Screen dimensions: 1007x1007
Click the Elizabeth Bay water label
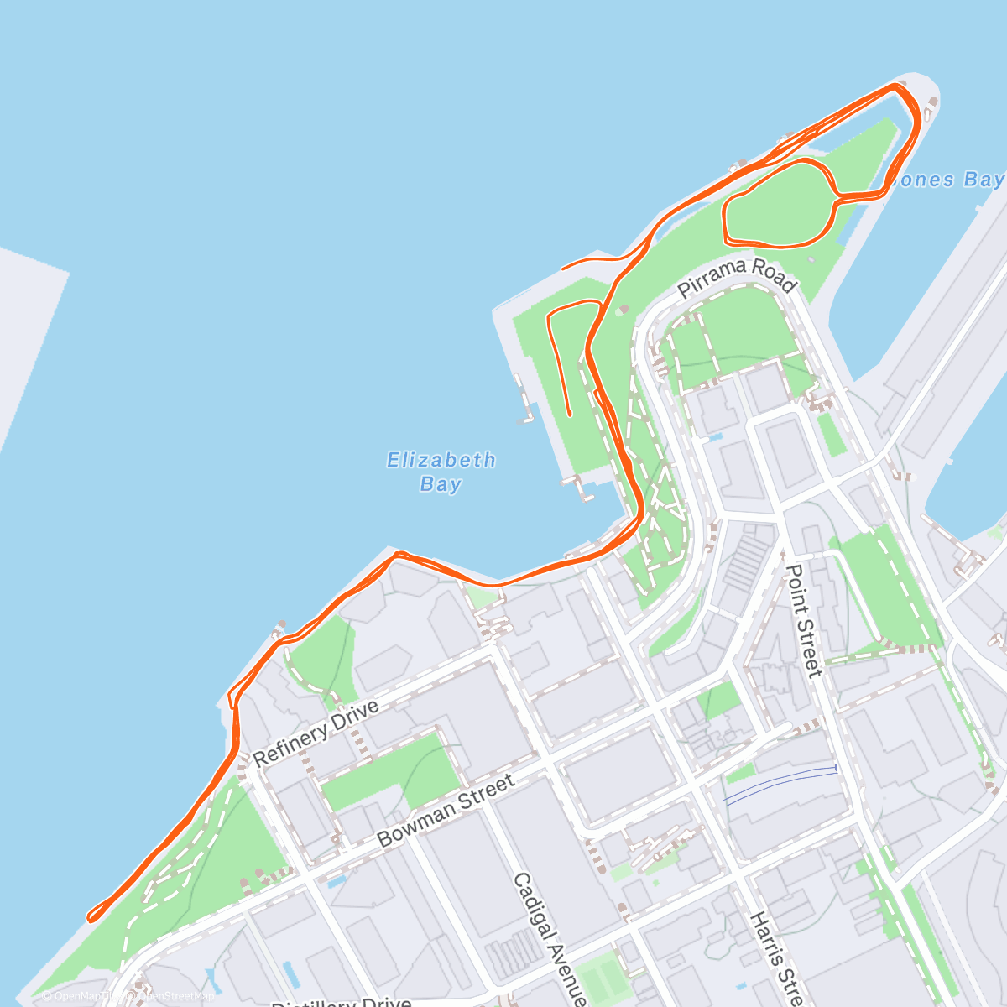point(441,472)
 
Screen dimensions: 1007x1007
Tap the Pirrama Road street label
point(737,278)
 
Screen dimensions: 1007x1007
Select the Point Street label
point(803,621)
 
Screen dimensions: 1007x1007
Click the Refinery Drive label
point(316,733)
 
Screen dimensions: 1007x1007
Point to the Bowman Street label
point(446,811)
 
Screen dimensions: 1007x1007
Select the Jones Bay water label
point(948,180)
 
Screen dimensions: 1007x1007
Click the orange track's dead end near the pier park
point(570,414)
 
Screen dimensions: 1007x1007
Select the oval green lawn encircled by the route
point(777,205)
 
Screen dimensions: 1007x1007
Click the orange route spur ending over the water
point(563,269)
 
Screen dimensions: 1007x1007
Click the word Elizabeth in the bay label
point(441,460)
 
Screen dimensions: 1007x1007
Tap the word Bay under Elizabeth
point(441,484)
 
